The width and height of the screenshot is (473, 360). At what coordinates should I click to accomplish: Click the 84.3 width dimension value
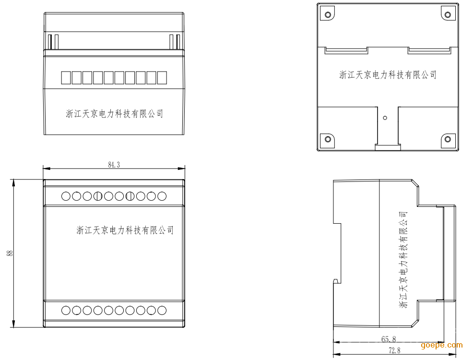click(114, 165)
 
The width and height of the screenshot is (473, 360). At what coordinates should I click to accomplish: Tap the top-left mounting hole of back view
click(328, 14)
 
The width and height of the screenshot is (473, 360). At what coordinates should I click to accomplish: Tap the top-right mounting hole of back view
click(447, 14)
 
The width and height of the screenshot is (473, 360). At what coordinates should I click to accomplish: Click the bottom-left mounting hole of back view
click(328, 139)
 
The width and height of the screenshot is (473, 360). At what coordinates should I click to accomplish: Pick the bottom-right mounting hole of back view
click(447, 139)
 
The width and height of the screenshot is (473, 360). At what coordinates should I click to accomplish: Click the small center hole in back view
click(385, 117)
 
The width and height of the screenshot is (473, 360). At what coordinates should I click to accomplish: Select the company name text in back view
click(388, 75)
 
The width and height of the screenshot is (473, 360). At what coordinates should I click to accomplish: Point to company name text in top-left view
click(114, 114)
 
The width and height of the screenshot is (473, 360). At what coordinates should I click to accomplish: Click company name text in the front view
click(125, 230)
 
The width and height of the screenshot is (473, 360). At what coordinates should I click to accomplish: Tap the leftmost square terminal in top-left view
click(65, 77)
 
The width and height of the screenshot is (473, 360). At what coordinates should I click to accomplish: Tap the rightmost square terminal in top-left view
click(162, 77)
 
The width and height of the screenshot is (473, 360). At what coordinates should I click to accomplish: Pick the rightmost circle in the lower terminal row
click(162, 311)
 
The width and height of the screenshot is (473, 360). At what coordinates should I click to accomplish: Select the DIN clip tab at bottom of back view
click(387, 147)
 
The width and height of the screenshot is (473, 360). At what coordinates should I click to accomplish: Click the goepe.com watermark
click(441, 345)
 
